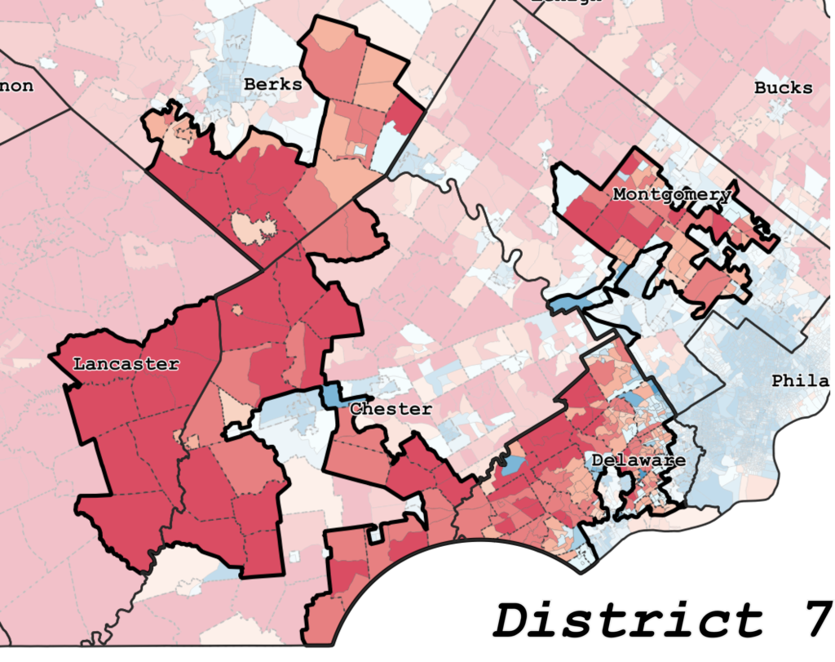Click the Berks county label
pos(272,84)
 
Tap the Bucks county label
pos(783,87)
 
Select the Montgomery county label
pos(671,194)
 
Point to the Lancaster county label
pos(126,364)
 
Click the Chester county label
pos(391,408)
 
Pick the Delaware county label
pos(638,461)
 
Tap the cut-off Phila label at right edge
pos(802,381)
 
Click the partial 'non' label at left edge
pos(16,86)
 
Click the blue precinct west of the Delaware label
pos(513,466)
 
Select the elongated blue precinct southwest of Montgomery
pos(576,302)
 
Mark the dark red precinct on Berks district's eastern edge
pos(404,114)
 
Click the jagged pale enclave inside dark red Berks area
pos(255,227)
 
